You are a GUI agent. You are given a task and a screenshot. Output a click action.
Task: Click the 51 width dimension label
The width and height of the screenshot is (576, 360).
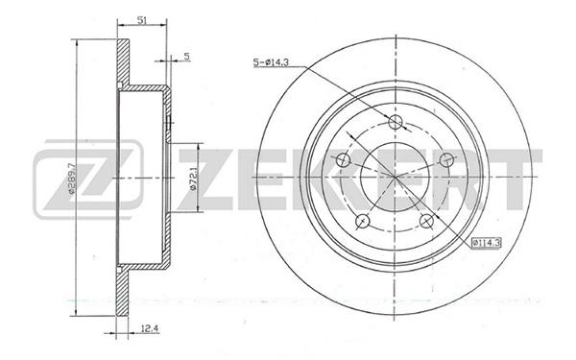coord(142,20)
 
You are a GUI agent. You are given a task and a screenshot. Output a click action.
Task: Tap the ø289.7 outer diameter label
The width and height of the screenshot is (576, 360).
coord(72,178)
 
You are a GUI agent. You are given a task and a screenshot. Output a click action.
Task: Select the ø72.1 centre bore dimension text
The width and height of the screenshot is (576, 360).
coord(194,179)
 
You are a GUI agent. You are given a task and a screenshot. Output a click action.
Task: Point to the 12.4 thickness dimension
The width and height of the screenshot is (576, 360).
coord(150,328)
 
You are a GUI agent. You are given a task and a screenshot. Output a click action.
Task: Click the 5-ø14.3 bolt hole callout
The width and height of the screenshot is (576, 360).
coord(271,62)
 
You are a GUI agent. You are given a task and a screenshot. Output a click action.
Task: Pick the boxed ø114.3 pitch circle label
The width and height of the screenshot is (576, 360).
coord(487,243)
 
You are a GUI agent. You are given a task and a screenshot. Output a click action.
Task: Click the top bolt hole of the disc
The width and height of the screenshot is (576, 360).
coord(396,122)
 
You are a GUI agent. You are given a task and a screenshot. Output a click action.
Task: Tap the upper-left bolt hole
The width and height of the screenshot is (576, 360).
coord(343,159)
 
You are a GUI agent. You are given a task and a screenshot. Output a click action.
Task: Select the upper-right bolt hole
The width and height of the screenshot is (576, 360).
coord(447,159)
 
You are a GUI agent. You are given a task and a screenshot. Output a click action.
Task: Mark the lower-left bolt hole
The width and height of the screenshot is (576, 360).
coord(363,221)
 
